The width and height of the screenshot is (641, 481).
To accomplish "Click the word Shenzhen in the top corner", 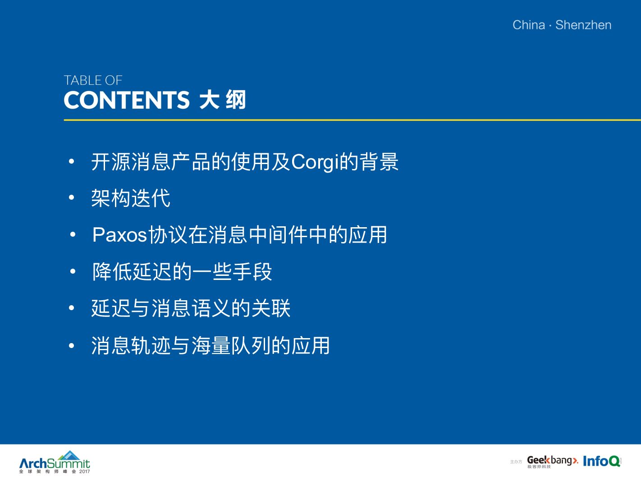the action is [583, 25].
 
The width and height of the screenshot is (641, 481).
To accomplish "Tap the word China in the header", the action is [529, 25].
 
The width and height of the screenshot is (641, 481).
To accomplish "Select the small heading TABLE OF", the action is [93, 80].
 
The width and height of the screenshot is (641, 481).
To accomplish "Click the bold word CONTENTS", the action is [127, 100].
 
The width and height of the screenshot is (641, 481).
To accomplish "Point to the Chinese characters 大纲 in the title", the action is [223, 100].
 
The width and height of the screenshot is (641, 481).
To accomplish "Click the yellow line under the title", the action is [352, 120].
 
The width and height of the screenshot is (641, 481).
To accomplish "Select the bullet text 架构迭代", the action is [131, 198].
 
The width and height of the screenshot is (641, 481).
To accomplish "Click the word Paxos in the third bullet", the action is [119, 234].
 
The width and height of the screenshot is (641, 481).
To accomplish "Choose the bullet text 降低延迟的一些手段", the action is [182, 271].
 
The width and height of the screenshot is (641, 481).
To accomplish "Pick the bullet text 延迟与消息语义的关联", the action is [191, 308].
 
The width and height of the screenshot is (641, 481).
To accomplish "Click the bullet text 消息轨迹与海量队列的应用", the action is [211, 345].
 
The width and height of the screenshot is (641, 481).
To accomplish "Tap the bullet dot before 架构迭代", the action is [72, 197].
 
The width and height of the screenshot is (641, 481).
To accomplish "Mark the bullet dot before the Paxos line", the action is [73, 234].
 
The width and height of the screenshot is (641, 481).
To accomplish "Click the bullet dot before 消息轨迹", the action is [72, 345].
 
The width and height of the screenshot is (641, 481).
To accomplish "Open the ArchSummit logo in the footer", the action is [55, 462].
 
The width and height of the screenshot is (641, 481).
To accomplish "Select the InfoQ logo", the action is [602, 461].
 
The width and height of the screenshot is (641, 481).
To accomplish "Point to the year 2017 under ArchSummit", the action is [85, 472].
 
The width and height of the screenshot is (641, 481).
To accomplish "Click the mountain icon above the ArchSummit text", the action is [69, 455].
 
